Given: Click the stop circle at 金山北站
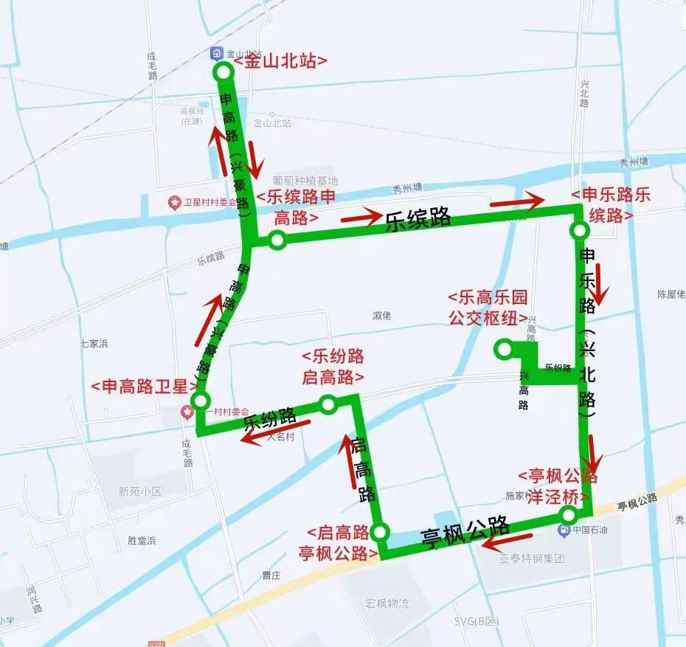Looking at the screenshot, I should pos(223,72).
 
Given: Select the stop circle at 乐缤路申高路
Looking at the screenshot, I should pos(277,239).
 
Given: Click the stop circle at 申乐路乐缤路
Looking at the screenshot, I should pos(579,231).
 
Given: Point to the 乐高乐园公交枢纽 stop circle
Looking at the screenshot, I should pos(505,348).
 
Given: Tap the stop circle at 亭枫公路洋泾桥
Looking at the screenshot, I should pos(569,514).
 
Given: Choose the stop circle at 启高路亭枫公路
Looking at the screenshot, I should pos(380,532).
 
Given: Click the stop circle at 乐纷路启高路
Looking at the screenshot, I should pos(328,404).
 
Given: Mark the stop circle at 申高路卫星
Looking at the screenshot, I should pos(200,401).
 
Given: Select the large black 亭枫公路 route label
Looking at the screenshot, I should pos(465,532).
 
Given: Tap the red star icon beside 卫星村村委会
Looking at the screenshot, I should pos(175,202).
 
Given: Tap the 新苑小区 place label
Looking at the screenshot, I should pos(139,491).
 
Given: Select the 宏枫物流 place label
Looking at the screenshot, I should pos(387,603).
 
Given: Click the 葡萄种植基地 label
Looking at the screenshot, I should pos(305,181).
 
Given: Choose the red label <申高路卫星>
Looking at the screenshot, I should pos(145,387).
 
